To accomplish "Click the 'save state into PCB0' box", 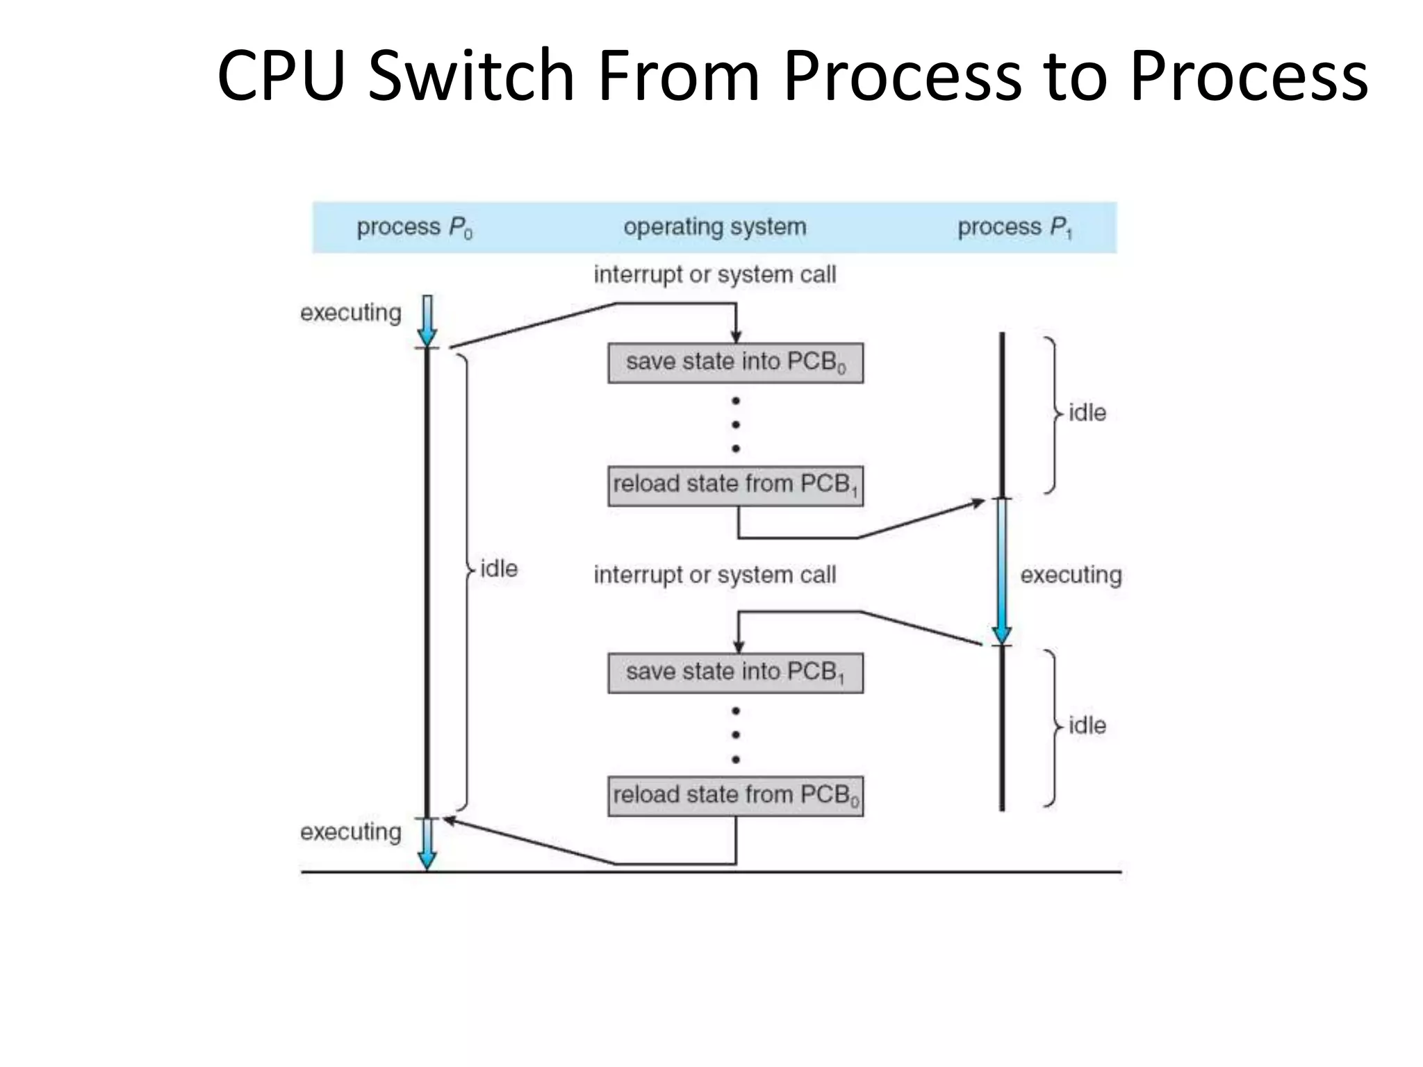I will point(735,363).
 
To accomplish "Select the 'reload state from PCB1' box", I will point(735,486).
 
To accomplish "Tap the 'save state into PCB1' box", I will point(735,672).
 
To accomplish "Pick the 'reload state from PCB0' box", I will point(735,795).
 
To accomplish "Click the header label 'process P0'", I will point(414,227).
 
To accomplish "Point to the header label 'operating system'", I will point(714,227).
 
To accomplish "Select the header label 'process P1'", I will point(1014,227).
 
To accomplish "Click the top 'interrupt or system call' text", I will point(714,274).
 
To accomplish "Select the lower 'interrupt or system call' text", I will point(714,575).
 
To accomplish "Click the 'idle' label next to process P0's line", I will point(499,569).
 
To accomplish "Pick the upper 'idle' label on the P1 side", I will point(1087,413).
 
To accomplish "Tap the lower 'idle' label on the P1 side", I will point(1087,726).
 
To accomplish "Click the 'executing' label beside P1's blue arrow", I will point(1070,575).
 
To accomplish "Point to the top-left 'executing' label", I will point(350,313).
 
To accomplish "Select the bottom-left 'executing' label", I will point(350,832).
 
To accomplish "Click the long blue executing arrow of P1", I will point(1001,570).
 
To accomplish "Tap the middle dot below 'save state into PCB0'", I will point(735,424).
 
